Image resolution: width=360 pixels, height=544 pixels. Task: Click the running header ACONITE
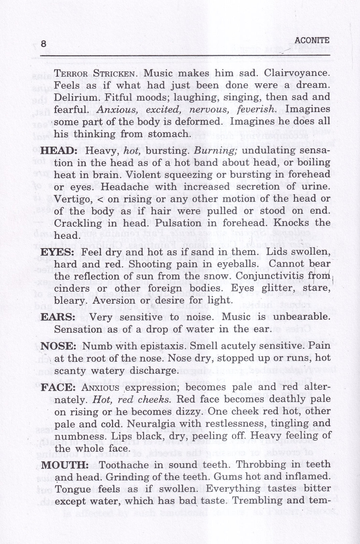click(x=312, y=40)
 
